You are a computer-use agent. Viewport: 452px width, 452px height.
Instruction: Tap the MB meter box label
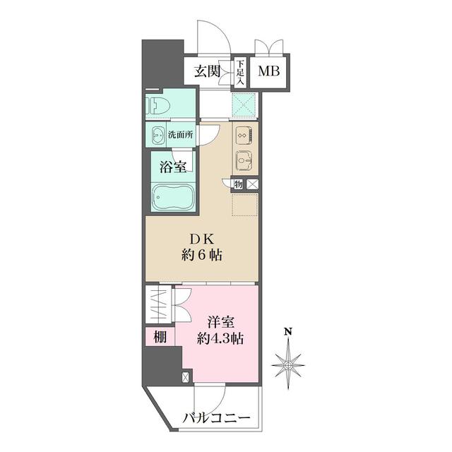[x=267, y=71]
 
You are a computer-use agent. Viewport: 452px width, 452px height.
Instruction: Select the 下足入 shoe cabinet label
[x=239, y=72]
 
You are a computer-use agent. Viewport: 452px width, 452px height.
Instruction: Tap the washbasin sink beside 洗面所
[x=156, y=134]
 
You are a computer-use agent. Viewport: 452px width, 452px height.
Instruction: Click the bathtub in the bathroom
[x=172, y=197]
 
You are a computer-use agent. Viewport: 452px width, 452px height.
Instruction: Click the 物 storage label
[x=239, y=184]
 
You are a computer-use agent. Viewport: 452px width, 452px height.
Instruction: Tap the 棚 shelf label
[x=160, y=338]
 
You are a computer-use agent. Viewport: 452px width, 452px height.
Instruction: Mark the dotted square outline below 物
[x=245, y=206]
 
